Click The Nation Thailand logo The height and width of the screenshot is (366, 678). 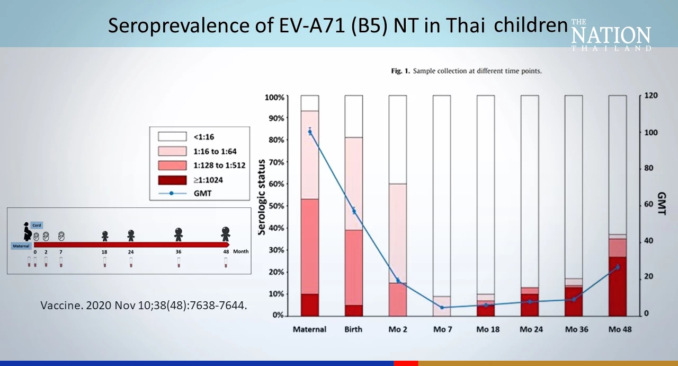click(611, 36)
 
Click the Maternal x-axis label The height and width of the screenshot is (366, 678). click(309, 329)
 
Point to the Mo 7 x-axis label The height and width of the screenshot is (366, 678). click(442, 329)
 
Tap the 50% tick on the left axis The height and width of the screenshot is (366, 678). click(274, 206)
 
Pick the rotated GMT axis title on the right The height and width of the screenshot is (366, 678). click(662, 204)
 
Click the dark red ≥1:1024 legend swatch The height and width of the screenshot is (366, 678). click(173, 180)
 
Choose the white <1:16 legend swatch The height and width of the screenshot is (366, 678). click(173, 137)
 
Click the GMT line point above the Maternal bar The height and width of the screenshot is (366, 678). click(310, 132)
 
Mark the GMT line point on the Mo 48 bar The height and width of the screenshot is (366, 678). click(617, 267)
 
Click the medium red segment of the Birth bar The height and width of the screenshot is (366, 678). click(354, 267)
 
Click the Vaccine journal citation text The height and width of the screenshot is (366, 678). click(144, 306)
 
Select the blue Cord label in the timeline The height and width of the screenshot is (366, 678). click(37, 225)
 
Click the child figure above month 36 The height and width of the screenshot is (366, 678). click(179, 233)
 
